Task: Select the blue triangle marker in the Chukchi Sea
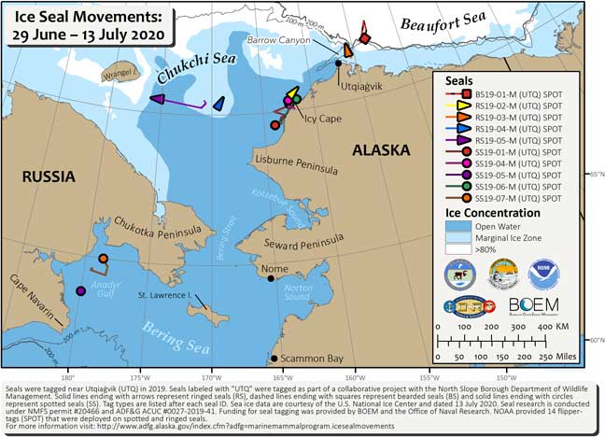[x=218, y=105]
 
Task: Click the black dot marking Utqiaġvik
[x=338, y=63]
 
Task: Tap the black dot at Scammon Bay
[x=274, y=359]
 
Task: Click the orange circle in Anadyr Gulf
[x=104, y=259]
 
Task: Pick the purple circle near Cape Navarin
[x=81, y=291]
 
